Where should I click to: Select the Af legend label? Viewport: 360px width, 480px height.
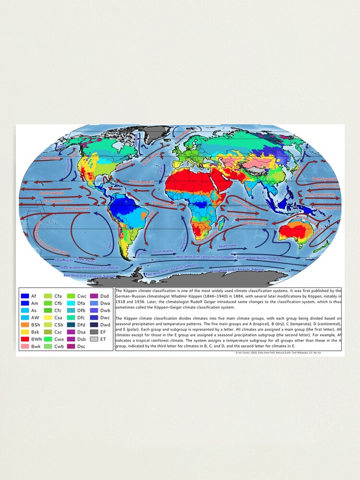point(34,296)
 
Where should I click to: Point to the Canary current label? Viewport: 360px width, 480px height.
point(161,170)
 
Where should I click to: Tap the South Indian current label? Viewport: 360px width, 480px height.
point(228,246)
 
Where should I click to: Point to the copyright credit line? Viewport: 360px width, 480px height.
point(288,352)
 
